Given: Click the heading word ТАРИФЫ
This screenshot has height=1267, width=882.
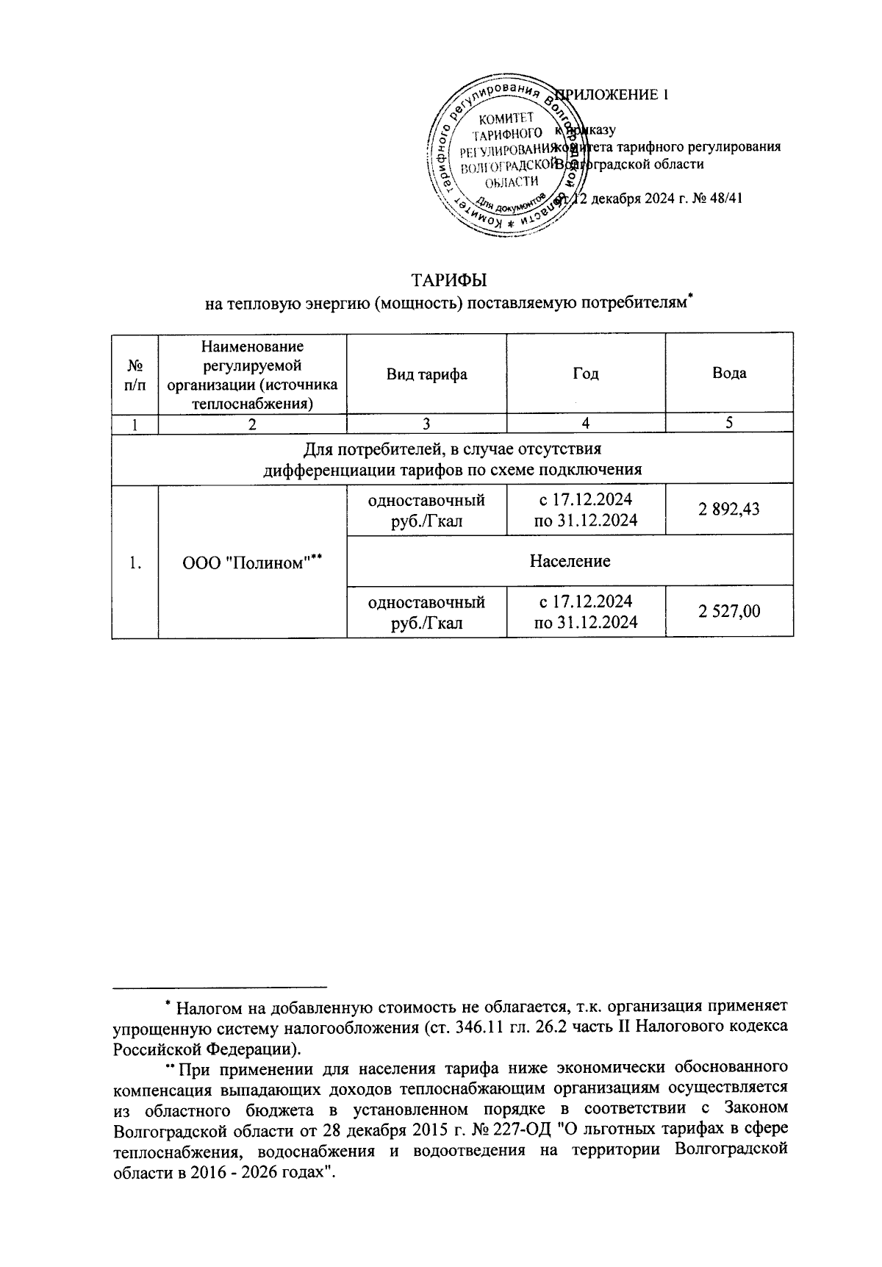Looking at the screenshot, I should coord(449,280).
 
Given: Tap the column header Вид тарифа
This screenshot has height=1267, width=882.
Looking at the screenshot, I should coord(427,374).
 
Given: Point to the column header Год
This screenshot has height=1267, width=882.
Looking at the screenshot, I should coord(585,374).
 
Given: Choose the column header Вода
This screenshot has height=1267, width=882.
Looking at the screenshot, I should coord(729,373).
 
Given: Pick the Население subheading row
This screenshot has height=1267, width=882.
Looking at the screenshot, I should coord(570,561).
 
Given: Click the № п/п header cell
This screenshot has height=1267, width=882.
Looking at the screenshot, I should coord(135,374).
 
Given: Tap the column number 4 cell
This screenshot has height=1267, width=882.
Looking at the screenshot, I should coord(586,423).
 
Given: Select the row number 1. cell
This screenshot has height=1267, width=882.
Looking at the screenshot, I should coord(135,563).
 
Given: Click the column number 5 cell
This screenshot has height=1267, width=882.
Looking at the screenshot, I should coord(729,423).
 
